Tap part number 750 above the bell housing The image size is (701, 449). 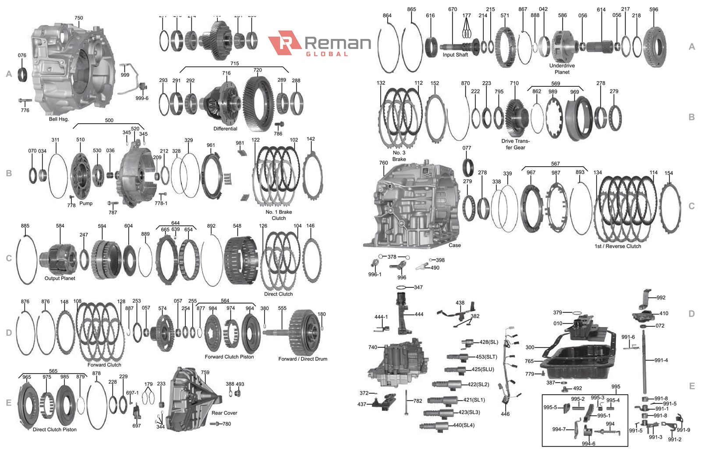pyautogui.click(x=78, y=18)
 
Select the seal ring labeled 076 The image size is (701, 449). pyautogui.click(x=22, y=75)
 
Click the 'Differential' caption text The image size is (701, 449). pyautogui.click(x=225, y=128)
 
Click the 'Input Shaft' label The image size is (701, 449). pyautogui.click(x=455, y=55)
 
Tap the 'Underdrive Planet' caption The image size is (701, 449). pyautogui.click(x=562, y=69)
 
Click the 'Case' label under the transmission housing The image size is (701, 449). pyautogui.click(x=454, y=245)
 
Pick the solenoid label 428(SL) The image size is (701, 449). pyautogui.click(x=489, y=342)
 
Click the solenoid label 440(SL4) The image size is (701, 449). pyautogui.click(x=464, y=425)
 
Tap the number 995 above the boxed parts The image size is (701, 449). pyautogui.click(x=616, y=387)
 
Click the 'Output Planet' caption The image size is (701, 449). pyautogui.click(x=60, y=278)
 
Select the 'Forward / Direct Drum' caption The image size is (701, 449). pyautogui.click(x=303, y=359)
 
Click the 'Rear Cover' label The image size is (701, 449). pyautogui.click(x=224, y=413)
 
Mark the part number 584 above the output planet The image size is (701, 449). pyautogui.click(x=60, y=226)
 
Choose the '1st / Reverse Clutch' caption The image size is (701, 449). pyautogui.click(x=618, y=246)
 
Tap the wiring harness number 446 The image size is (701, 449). pyautogui.click(x=505, y=413)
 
